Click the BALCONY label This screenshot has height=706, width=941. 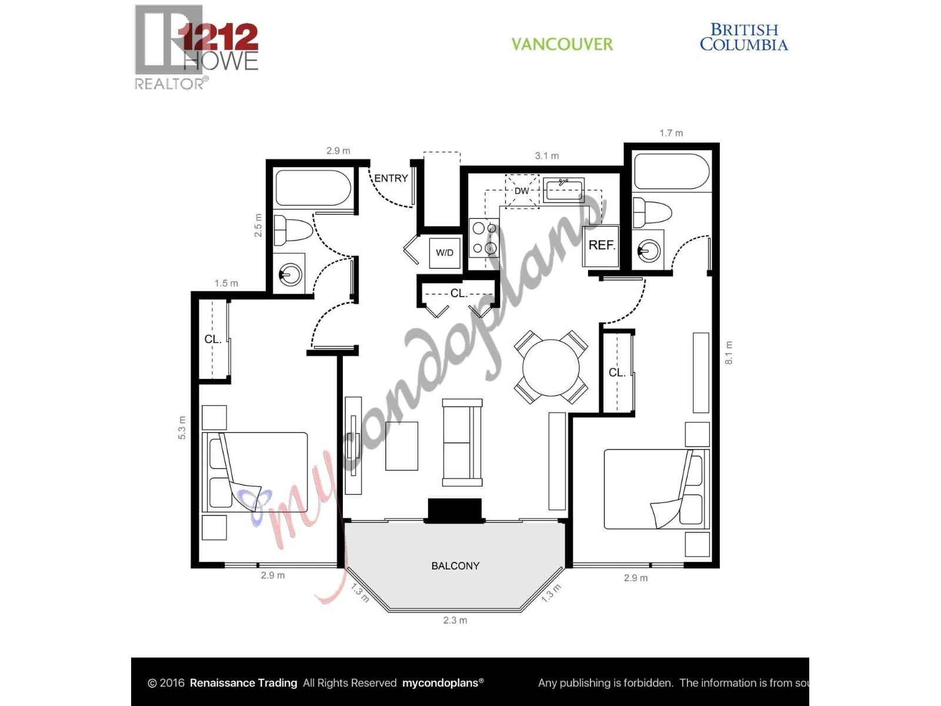click(455, 566)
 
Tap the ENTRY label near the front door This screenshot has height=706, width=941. click(391, 178)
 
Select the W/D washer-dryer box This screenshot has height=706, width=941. click(445, 253)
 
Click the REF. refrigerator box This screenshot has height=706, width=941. click(602, 245)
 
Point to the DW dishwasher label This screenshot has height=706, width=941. click(522, 191)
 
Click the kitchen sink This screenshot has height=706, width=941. click(563, 190)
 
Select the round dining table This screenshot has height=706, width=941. click(551, 367)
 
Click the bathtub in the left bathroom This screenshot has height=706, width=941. click(313, 188)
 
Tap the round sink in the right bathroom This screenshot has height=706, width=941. click(649, 251)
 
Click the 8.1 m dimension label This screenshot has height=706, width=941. click(729, 352)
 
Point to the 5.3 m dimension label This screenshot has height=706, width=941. click(182, 428)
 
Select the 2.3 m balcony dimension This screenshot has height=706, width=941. click(455, 620)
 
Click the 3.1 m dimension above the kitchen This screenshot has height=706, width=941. click(547, 156)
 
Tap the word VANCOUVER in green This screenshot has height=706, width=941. click(562, 44)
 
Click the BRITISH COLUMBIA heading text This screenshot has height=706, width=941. click(744, 37)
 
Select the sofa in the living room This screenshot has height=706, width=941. click(462, 442)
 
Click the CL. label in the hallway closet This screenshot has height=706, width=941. click(458, 293)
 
